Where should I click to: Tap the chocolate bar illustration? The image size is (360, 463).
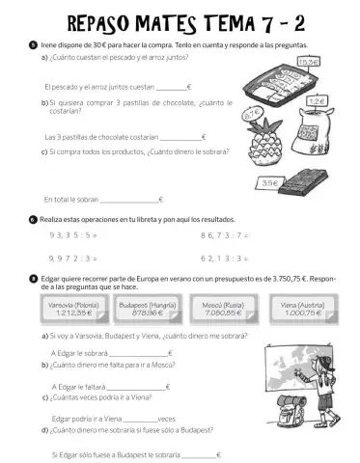(x=309, y=178)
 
